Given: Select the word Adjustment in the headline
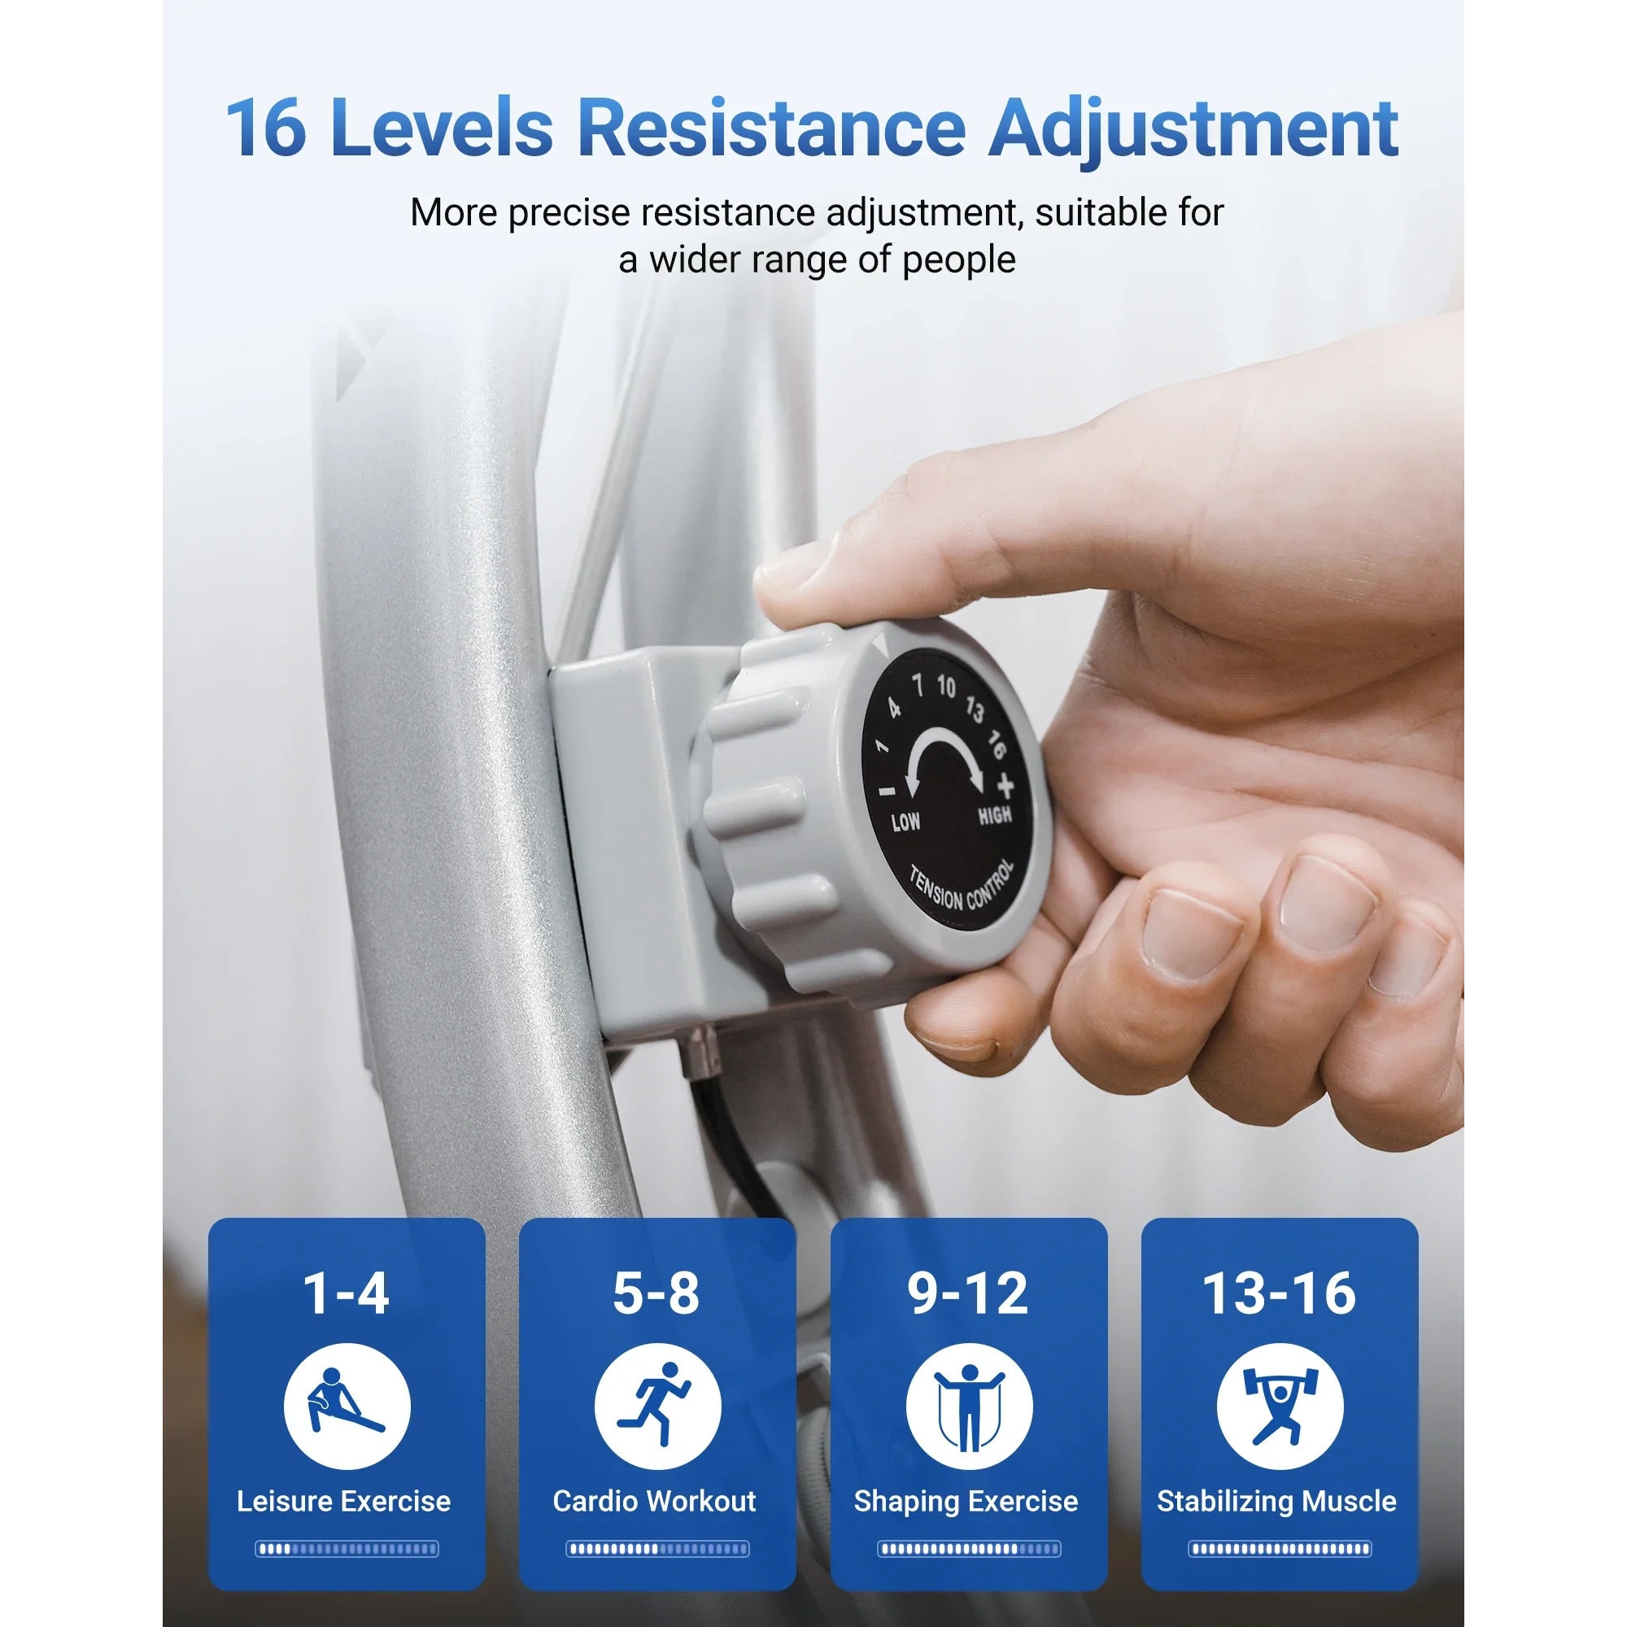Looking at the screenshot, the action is [x=1193, y=133].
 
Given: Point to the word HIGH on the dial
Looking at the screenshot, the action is [x=995, y=815].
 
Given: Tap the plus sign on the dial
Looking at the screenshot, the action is [x=1005, y=787].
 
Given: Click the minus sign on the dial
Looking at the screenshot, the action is [x=887, y=790].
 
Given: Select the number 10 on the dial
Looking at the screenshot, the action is [x=947, y=687].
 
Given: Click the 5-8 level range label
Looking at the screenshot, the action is [x=656, y=1293].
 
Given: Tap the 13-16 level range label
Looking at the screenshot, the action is [x=1279, y=1293].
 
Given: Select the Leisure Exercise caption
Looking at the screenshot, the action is [x=343, y=1501].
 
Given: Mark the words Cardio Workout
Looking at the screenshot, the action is [x=654, y=1501].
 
